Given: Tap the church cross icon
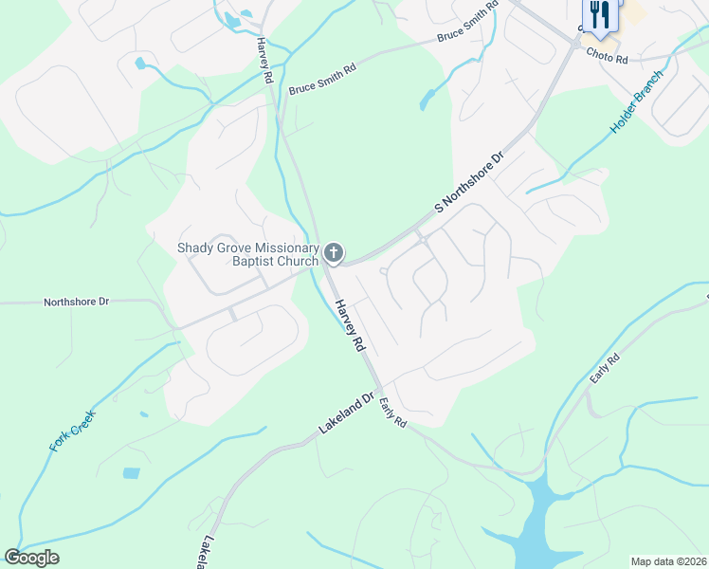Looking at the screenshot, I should pyautogui.click(x=333, y=253).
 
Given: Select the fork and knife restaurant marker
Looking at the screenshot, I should pyautogui.click(x=599, y=13).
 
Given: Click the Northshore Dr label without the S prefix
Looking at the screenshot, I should pyautogui.click(x=76, y=302).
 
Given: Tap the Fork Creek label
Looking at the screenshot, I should pyautogui.click(x=72, y=430).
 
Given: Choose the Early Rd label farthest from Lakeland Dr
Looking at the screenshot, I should pyautogui.click(x=604, y=368).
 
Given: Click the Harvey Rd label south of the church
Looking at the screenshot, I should pyautogui.click(x=349, y=325).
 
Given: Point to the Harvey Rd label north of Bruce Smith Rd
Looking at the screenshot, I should pyautogui.click(x=264, y=50).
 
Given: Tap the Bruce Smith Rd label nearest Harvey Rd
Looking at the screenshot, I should pyautogui.click(x=322, y=81).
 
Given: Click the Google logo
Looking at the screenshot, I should pyautogui.click(x=31, y=558).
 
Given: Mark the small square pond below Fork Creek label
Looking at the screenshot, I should pyautogui.click(x=131, y=472).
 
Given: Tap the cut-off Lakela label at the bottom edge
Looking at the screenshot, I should pyautogui.click(x=205, y=554).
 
